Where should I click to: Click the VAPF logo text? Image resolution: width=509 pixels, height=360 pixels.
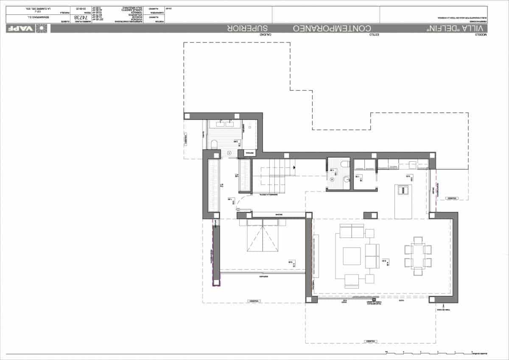tap(20, 28)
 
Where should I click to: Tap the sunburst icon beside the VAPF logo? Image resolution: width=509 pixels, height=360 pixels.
tap(42, 28)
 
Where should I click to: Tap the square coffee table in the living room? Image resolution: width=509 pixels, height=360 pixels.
tap(352, 256)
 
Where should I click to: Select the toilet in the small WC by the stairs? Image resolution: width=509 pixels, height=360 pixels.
tap(345, 164)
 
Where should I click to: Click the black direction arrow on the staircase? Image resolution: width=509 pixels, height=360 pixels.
tap(294, 167)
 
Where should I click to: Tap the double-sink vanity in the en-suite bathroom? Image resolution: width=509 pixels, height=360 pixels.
tap(225, 124)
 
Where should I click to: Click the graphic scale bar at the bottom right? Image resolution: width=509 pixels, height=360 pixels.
tap(428, 352)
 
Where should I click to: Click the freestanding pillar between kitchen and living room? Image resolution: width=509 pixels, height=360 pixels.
tap(369, 215)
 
